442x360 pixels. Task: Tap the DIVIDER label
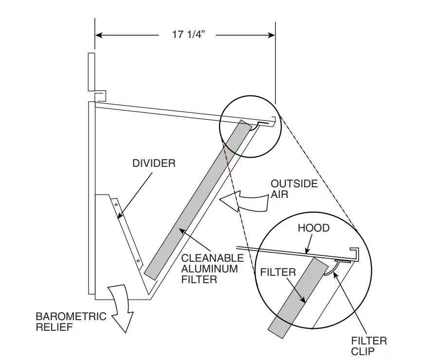tap(154, 163)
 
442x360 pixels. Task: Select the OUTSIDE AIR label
tap(294, 189)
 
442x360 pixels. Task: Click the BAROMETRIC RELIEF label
tap(71, 322)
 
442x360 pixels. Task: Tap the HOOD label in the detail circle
tap(313, 228)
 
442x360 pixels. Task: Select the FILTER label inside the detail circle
tap(277, 272)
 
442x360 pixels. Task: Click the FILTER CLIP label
tap(369, 346)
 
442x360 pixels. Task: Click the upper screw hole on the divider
tap(116, 204)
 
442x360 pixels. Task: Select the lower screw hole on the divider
tap(138, 261)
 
